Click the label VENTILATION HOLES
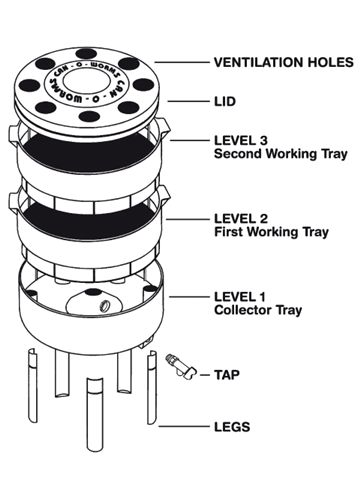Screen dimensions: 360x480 coord(283,62)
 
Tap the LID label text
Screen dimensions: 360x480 coord(225,101)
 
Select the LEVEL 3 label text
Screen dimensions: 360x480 coord(241,140)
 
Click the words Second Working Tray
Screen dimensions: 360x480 coord(281,154)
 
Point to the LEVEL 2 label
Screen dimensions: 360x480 coord(241,219)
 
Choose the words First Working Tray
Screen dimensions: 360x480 coord(271,232)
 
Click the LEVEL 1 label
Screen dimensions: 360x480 coord(240,297)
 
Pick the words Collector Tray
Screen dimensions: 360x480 coord(258,310)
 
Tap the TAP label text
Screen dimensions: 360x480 coord(227,375)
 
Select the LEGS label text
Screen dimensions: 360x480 coord(232,427)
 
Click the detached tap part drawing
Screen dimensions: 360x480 coord(181,367)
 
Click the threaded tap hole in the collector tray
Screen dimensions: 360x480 coord(105,305)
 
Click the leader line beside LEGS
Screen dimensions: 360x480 coord(183,426)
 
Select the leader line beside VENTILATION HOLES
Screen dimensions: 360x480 coord(182,62)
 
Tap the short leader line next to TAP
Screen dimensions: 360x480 coord(205,375)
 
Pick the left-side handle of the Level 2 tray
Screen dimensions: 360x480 coord(14,203)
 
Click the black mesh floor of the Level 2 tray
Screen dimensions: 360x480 coord(88,221)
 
